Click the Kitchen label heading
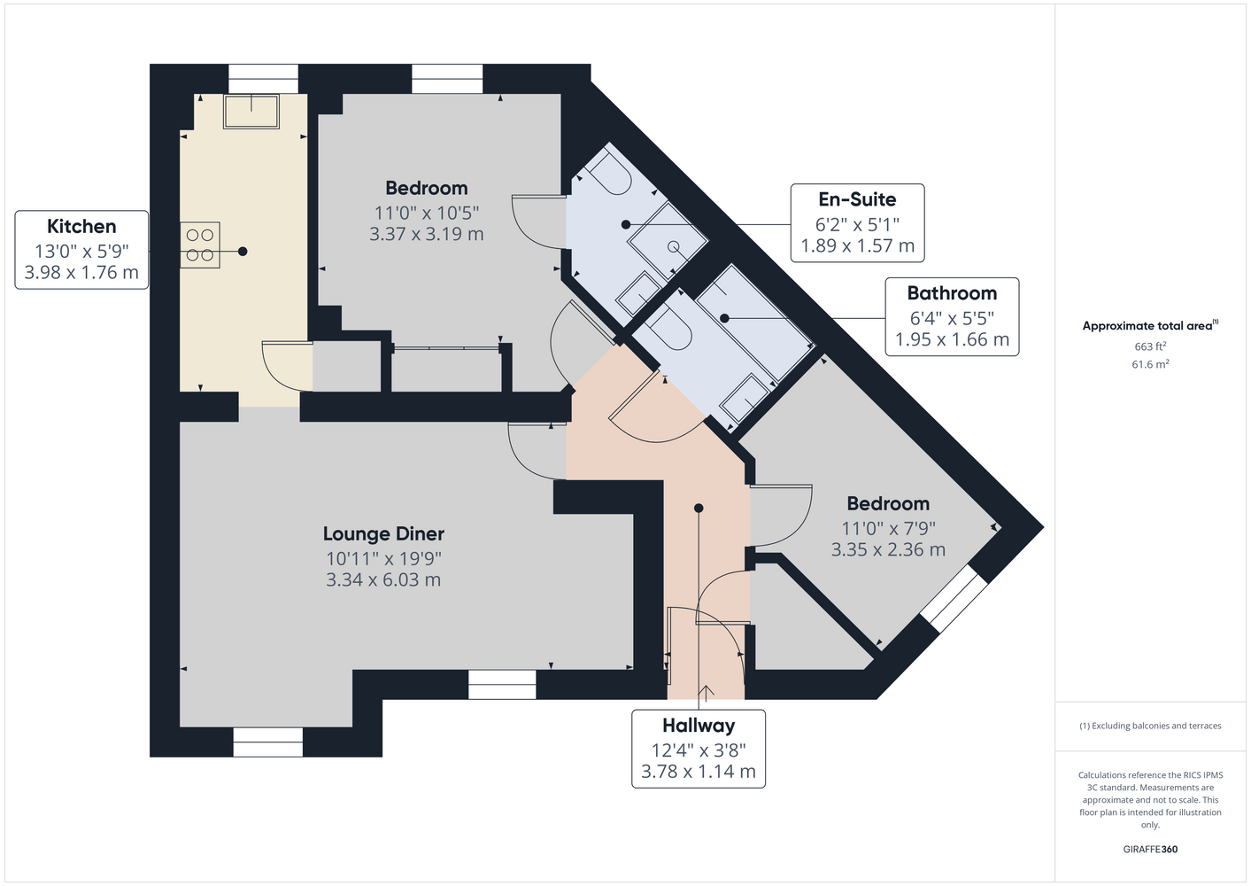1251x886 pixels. (x=81, y=227)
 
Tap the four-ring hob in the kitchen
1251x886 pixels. (x=199, y=245)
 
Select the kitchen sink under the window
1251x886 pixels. (x=251, y=112)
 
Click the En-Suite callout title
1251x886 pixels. (x=857, y=199)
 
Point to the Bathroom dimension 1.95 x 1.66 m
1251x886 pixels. (x=953, y=339)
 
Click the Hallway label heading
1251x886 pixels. (x=699, y=726)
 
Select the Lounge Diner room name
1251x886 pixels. (x=383, y=534)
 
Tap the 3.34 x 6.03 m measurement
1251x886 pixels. (x=383, y=579)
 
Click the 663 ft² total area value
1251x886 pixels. (x=1150, y=346)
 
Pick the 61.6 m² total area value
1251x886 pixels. (x=1150, y=364)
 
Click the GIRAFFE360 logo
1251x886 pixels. (x=1150, y=849)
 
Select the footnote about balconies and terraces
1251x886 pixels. (x=1150, y=726)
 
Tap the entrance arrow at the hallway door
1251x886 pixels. (x=706, y=693)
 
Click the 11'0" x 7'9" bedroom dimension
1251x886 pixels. (x=888, y=528)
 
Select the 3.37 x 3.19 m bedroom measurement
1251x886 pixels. (x=426, y=234)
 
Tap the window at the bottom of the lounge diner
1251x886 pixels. (x=268, y=742)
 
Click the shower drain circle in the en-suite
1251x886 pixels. (x=674, y=246)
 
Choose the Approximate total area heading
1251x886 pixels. (x=1150, y=325)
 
